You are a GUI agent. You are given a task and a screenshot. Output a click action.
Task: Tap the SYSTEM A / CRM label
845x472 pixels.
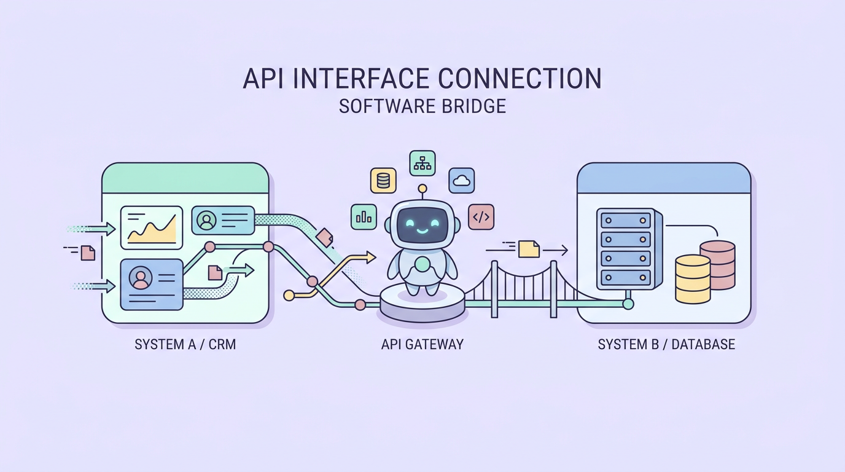185,344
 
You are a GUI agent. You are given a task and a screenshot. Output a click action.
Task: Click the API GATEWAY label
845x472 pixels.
422,344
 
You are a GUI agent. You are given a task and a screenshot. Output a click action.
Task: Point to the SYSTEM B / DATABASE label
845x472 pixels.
666,344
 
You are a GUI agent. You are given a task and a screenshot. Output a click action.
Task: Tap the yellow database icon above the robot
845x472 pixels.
383,181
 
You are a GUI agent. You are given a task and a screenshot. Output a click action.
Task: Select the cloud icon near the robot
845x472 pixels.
461,181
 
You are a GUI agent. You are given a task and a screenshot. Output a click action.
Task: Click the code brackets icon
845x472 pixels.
481,217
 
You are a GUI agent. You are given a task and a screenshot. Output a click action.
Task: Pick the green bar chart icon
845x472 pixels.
364,217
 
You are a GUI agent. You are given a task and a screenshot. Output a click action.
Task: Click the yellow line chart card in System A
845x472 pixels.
152,227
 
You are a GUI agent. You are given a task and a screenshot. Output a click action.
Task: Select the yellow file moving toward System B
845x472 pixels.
528,249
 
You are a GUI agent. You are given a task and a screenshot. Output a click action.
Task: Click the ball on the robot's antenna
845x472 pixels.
422,189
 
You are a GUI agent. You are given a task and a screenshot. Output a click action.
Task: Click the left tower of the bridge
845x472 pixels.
494,289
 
